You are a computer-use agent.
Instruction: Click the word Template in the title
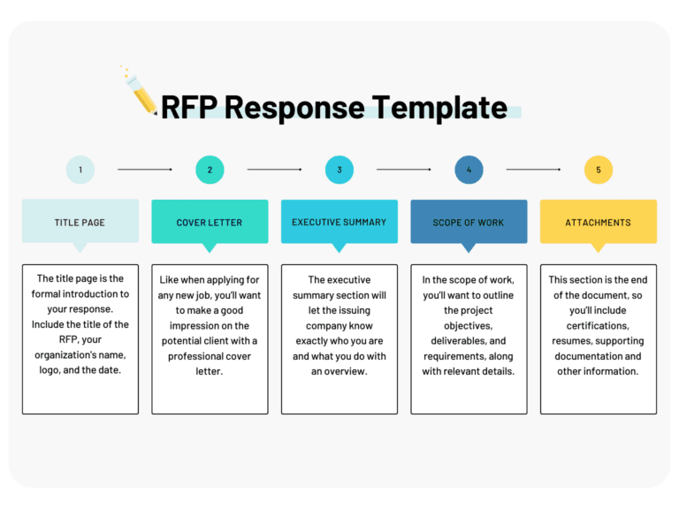point(439,107)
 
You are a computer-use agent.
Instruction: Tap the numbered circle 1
point(80,170)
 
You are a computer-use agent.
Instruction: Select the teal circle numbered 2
point(210,170)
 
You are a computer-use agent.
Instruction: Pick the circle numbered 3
point(339,170)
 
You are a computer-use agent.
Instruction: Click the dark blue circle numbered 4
point(469,170)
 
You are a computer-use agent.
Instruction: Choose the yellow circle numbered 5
point(599,170)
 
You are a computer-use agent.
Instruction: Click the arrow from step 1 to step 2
point(145,170)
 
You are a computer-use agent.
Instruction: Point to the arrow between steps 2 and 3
point(274,170)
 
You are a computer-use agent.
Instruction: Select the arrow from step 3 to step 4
point(404,170)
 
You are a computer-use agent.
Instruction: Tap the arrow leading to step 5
point(533,170)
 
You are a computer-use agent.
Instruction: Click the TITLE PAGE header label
point(80,223)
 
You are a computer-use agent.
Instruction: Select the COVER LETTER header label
point(210,223)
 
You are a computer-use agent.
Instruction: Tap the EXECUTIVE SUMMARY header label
point(339,223)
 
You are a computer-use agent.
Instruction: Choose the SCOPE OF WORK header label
point(469,223)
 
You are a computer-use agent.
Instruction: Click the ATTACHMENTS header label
point(599,223)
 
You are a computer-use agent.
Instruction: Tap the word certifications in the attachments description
point(598,325)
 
